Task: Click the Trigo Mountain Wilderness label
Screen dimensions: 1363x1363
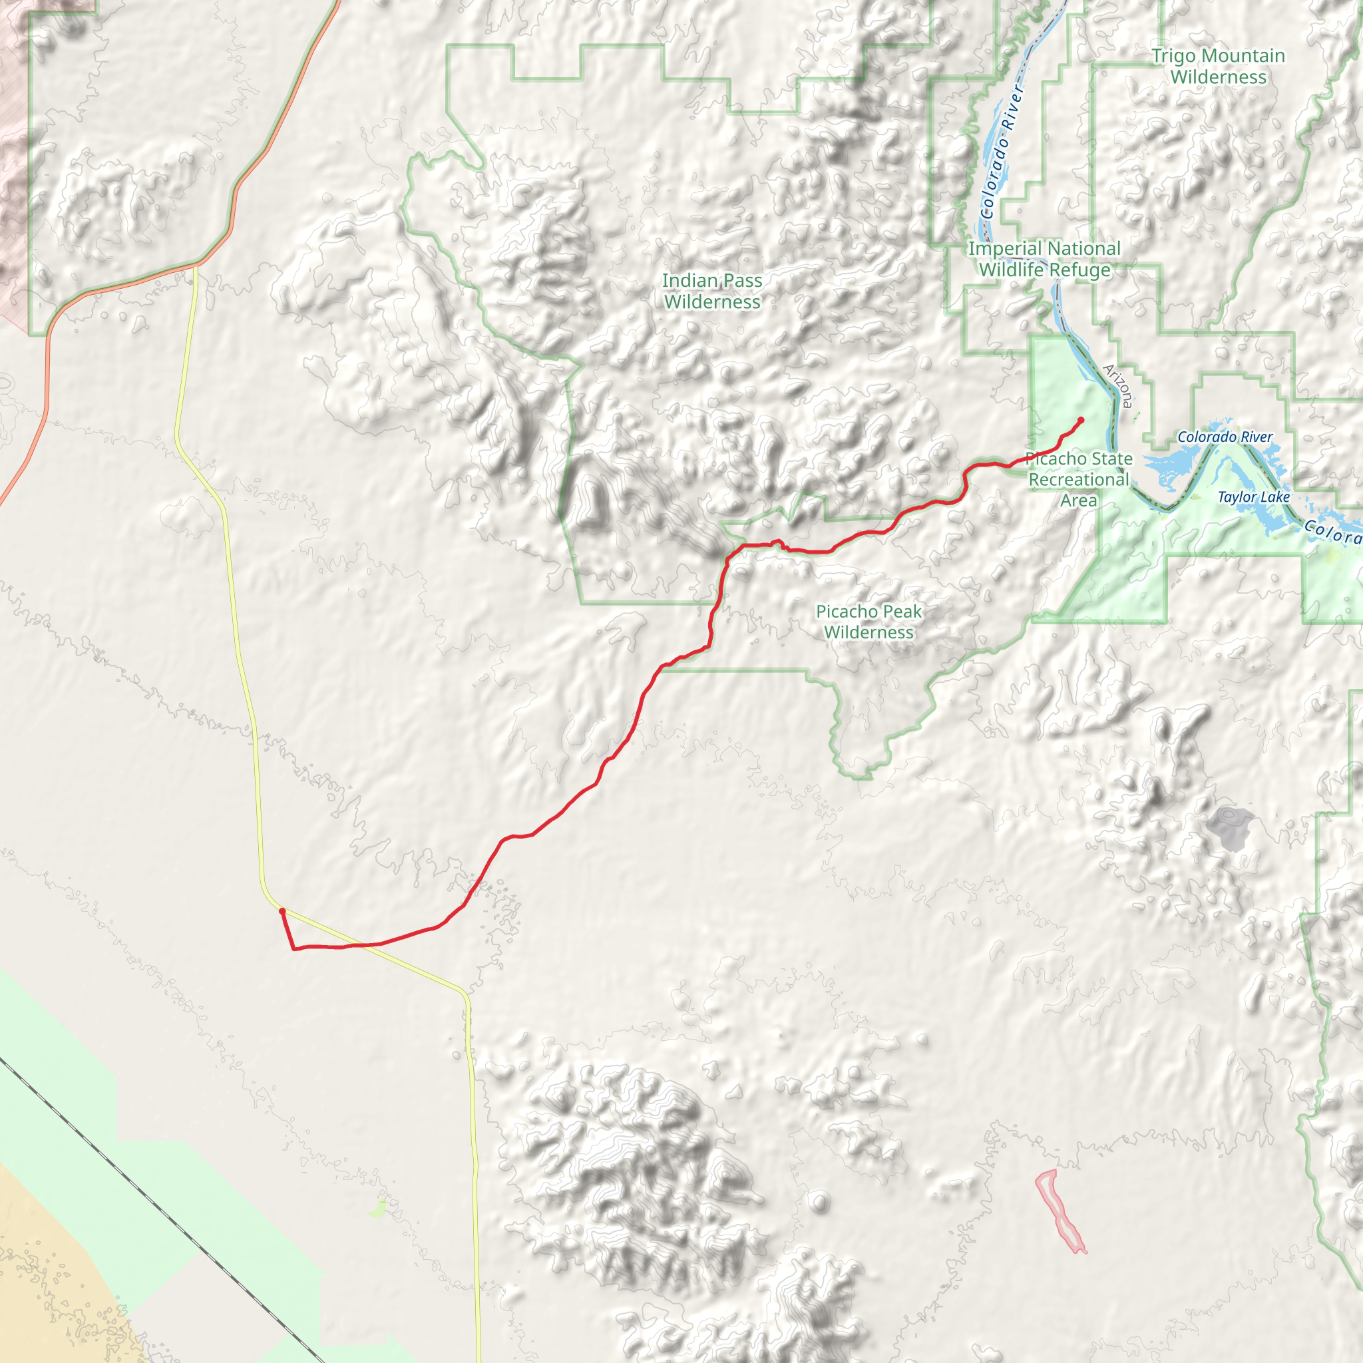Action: point(1218,67)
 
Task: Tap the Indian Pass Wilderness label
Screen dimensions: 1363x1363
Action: point(712,291)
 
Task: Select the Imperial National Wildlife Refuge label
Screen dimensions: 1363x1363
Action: point(1044,259)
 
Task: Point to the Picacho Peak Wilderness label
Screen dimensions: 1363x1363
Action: point(869,622)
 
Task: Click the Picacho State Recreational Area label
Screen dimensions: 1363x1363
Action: point(1079,479)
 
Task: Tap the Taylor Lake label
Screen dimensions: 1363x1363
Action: point(1254,496)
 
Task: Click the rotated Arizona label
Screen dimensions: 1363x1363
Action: point(1118,385)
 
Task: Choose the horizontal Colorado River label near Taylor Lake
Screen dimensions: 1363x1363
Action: point(1225,437)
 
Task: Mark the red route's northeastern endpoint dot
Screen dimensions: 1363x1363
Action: point(1081,420)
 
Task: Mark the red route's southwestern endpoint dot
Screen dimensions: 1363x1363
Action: point(282,912)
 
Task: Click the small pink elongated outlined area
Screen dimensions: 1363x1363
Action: point(1060,1209)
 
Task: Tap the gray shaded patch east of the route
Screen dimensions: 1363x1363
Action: point(1229,827)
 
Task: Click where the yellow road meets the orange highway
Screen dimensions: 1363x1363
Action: point(196,266)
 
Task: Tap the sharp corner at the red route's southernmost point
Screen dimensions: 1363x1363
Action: point(294,950)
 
